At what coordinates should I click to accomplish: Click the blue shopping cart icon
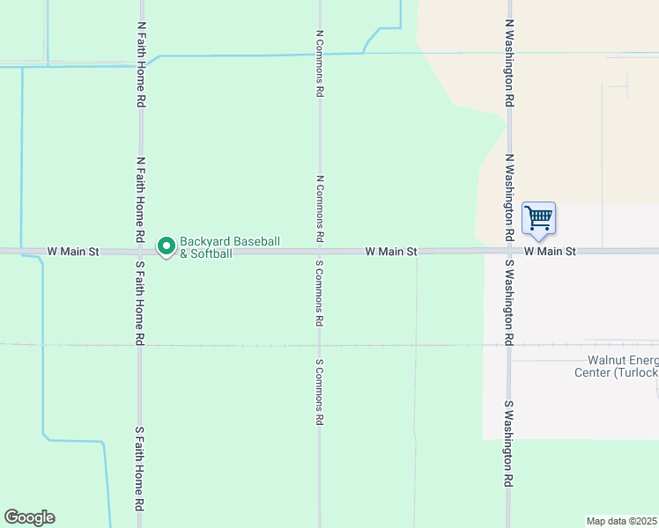coord(538,217)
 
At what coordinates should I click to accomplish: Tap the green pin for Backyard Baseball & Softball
coord(165,246)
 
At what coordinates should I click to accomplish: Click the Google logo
coord(29,517)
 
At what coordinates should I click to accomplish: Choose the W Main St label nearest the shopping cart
coord(550,252)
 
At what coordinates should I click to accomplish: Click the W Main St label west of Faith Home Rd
coord(73,252)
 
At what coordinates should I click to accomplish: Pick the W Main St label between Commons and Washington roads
coord(391,252)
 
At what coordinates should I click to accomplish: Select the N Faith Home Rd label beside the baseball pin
coord(140,201)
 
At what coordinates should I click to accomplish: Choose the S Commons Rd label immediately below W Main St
coord(320,294)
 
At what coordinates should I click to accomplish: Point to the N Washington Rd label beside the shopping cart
coord(509,198)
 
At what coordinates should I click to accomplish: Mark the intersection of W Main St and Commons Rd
coord(320,252)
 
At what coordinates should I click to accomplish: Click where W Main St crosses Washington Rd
coord(509,252)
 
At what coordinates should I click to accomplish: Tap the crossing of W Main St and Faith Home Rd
coord(140,252)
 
